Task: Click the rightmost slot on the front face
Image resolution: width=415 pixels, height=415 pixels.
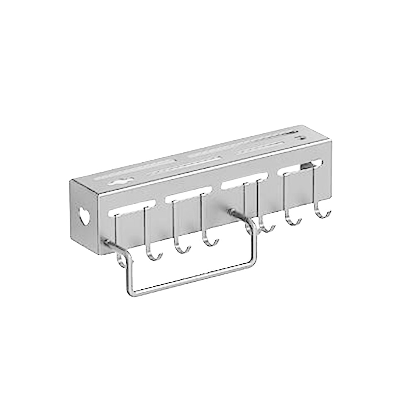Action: point(302,167)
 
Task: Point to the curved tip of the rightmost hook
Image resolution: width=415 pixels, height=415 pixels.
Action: point(323,214)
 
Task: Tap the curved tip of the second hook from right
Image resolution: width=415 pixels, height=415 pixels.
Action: point(293,222)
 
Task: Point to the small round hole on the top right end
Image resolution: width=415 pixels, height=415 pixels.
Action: point(297,136)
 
